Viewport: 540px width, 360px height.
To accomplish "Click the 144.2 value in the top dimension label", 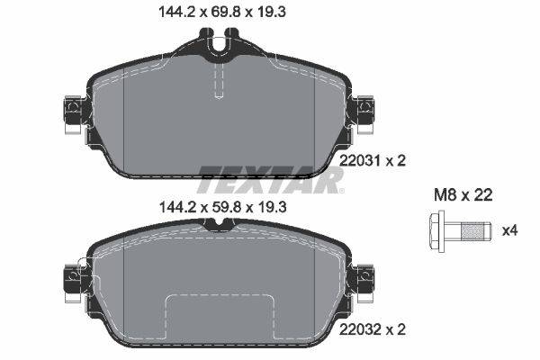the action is [176, 12].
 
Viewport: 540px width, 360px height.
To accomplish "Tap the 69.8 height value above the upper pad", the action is [223, 12].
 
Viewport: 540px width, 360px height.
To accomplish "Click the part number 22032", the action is [360, 329].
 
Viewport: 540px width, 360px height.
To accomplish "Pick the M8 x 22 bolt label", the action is [463, 195].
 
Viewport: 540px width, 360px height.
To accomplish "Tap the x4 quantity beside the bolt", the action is [509, 230].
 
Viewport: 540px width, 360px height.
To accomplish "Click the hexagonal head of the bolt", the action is [436, 230].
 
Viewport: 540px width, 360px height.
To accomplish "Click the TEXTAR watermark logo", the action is [271, 179].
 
